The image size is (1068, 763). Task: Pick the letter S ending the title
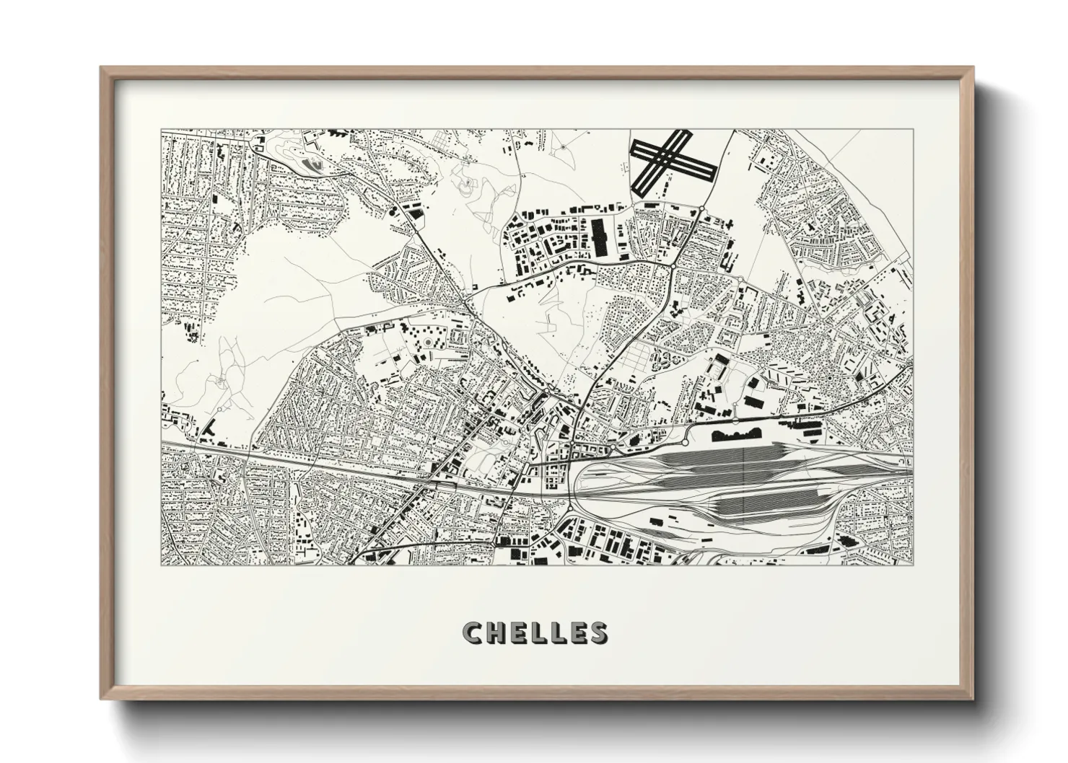596,632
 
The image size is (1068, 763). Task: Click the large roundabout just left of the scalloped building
685,441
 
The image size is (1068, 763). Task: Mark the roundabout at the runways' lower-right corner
701,209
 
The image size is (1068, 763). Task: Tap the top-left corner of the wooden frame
102,68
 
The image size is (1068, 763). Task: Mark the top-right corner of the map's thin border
911,130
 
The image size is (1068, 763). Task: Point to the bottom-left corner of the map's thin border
161,565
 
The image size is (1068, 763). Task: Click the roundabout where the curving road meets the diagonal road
673,267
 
